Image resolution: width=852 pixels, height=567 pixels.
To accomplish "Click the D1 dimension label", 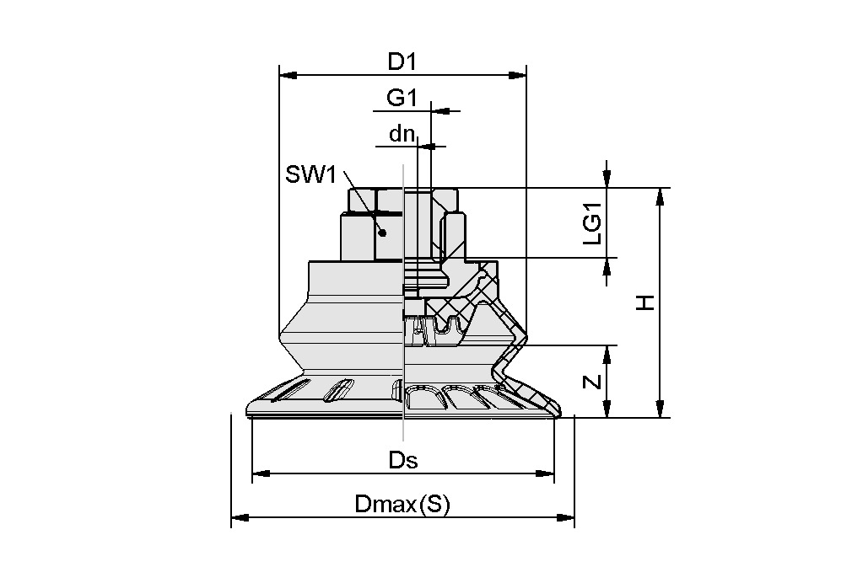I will (402, 62).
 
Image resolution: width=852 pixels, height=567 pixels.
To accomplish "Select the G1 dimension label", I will (402, 98).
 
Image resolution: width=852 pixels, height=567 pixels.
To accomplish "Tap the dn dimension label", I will (402, 133).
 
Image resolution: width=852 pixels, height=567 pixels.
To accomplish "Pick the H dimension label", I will (645, 302).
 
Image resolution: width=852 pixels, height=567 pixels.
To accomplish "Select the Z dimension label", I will (593, 382).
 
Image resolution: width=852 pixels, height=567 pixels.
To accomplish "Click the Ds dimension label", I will (403, 460).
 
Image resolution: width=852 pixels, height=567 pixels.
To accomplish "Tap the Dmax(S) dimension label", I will (402, 505).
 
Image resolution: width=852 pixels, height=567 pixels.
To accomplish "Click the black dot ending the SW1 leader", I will (382, 233).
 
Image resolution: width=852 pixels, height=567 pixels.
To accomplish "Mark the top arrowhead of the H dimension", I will (660, 196).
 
